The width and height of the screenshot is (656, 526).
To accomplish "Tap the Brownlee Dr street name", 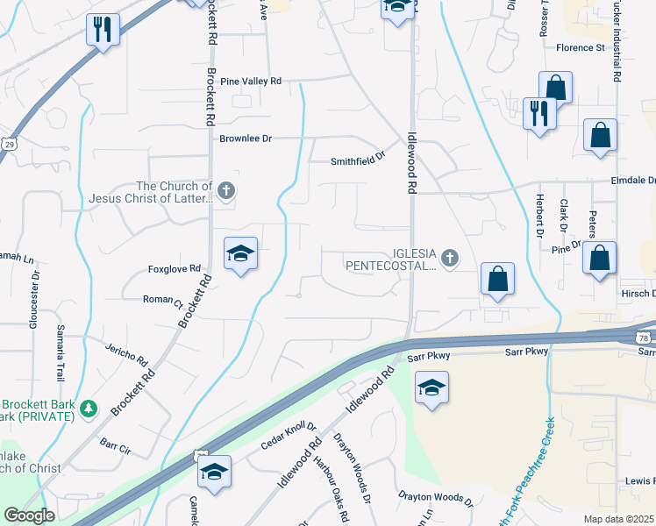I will [x=246, y=139].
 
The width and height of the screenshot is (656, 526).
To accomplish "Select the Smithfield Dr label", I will [x=358, y=160].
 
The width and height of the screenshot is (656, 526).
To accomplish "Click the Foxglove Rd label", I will [x=175, y=268].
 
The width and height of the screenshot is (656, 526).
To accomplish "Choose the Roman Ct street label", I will [x=162, y=299].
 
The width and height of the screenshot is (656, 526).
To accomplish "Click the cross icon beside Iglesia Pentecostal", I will [x=450, y=258].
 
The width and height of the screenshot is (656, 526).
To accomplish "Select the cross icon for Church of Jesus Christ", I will [x=225, y=190].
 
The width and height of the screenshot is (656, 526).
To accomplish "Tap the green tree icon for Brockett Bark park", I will [x=88, y=409].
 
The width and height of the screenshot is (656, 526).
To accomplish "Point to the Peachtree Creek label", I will [x=537, y=480].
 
